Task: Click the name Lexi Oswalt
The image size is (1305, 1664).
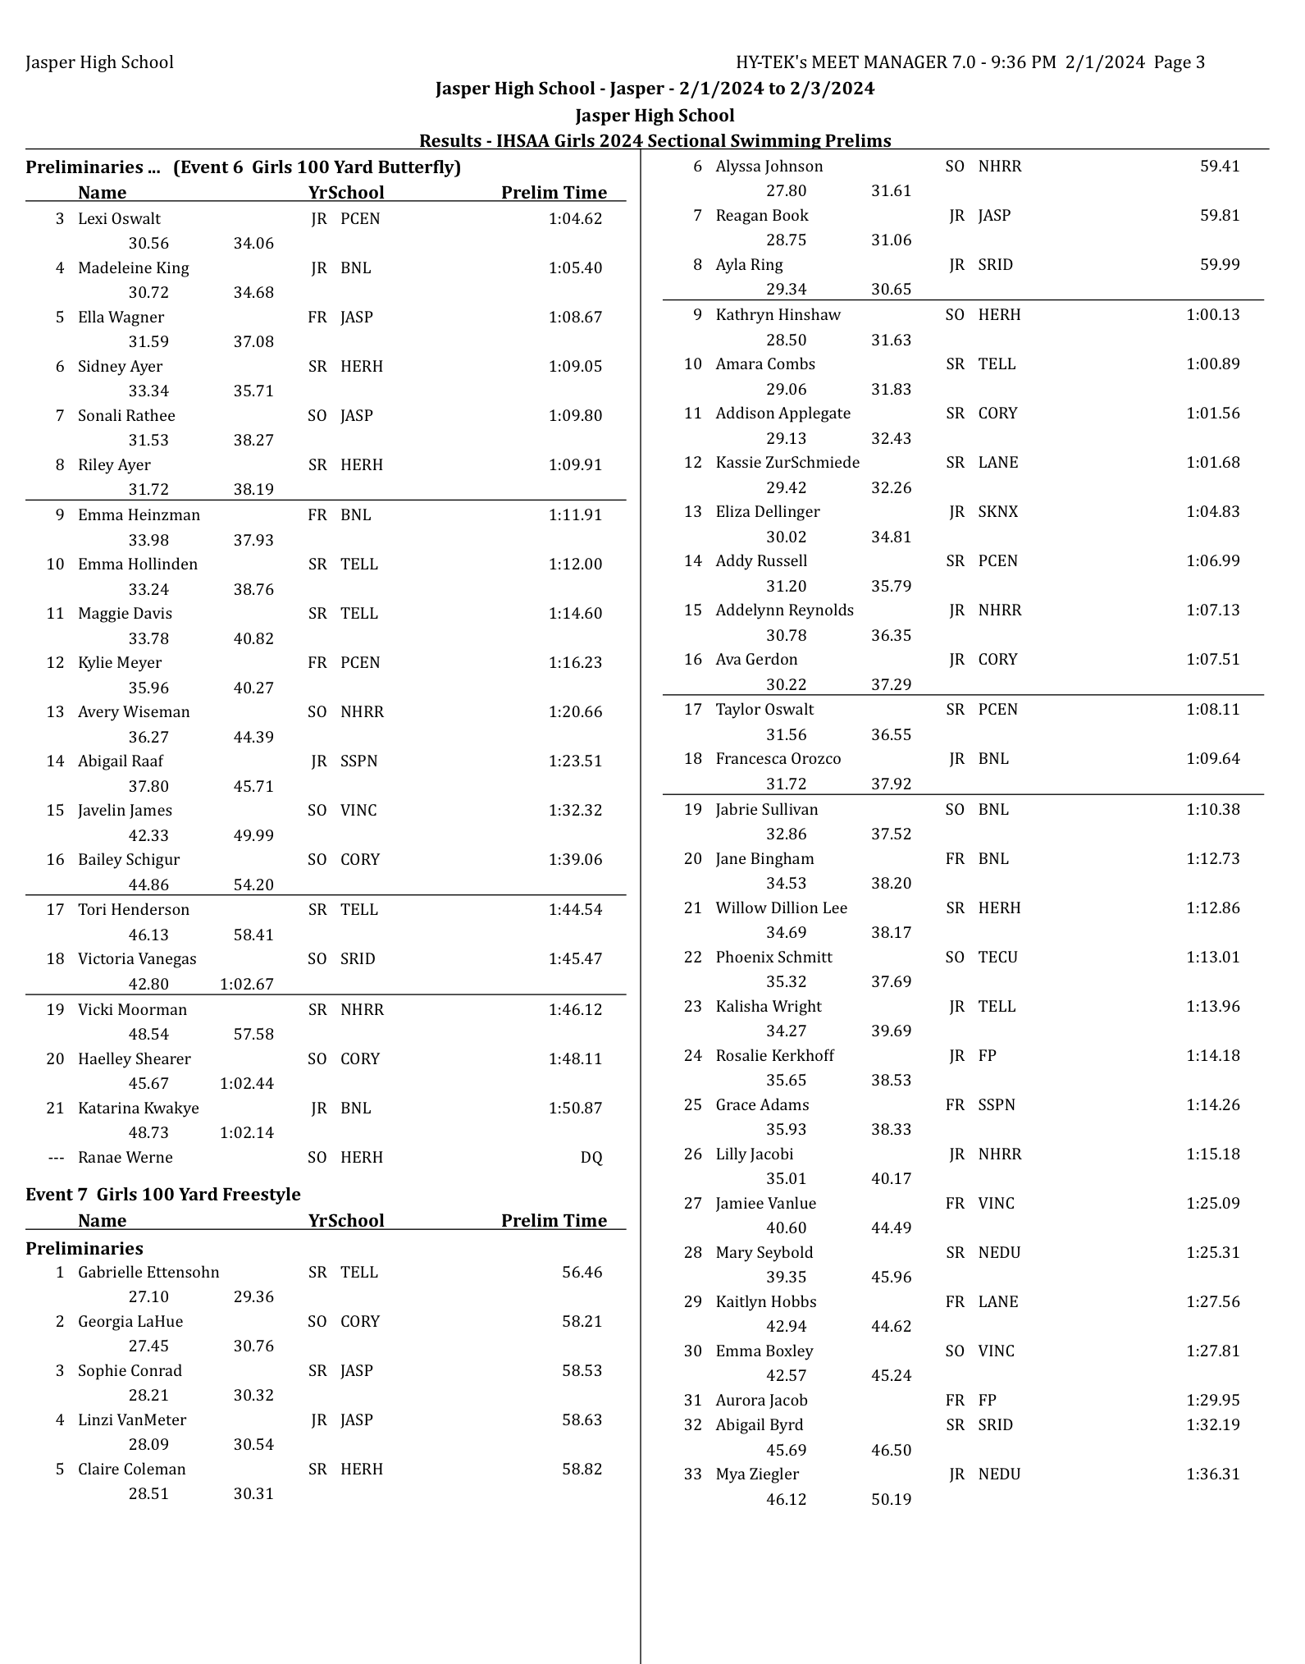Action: [x=119, y=219]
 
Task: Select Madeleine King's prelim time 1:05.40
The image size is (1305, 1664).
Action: [x=575, y=268]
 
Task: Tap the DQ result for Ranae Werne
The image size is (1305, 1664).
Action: [x=591, y=1158]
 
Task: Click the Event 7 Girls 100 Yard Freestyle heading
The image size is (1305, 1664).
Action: [x=163, y=1195]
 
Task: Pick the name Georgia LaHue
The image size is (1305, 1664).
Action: [x=130, y=1322]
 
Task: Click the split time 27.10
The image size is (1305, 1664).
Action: [x=148, y=1297]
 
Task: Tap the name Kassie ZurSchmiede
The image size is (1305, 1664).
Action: [x=787, y=463]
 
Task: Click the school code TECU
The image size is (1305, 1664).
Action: [x=997, y=958]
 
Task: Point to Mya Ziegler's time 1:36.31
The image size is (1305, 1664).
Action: [x=1212, y=1474]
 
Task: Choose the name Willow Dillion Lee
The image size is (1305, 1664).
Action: [x=781, y=908]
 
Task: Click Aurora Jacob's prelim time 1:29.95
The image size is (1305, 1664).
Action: [x=1212, y=1401]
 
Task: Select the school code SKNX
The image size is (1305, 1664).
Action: [x=997, y=512]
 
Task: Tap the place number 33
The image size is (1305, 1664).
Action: [x=693, y=1474]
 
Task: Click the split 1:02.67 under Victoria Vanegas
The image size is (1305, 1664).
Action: [x=246, y=985]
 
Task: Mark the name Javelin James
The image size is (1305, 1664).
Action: [x=125, y=811]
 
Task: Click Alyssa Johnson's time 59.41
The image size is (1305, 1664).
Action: [x=1220, y=167]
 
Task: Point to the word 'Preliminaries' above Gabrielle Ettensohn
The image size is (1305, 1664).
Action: [x=84, y=1249]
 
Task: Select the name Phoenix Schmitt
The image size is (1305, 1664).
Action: [x=773, y=958]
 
